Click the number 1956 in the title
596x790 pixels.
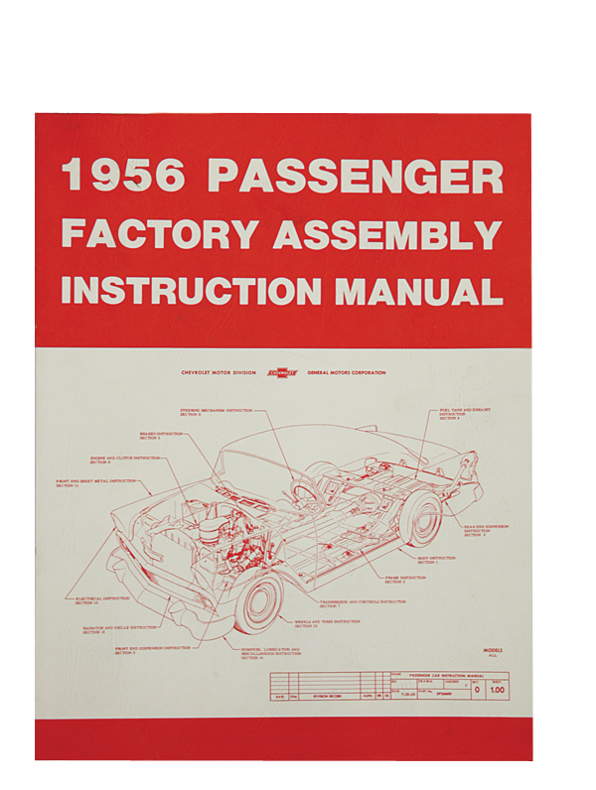[123, 176]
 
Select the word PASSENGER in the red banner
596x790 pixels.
[355, 176]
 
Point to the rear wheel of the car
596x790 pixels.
[422, 519]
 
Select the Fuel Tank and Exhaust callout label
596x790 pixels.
[466, 412]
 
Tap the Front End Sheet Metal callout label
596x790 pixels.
[95, 483]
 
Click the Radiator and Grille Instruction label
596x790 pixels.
[120, 630]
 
